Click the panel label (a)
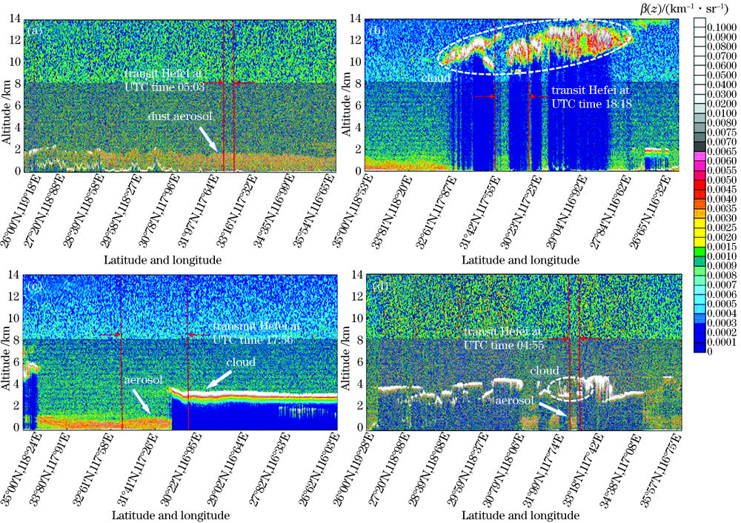click(36, 31)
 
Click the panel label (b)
click(376, 31)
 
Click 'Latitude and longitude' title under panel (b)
click(520, 261)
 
